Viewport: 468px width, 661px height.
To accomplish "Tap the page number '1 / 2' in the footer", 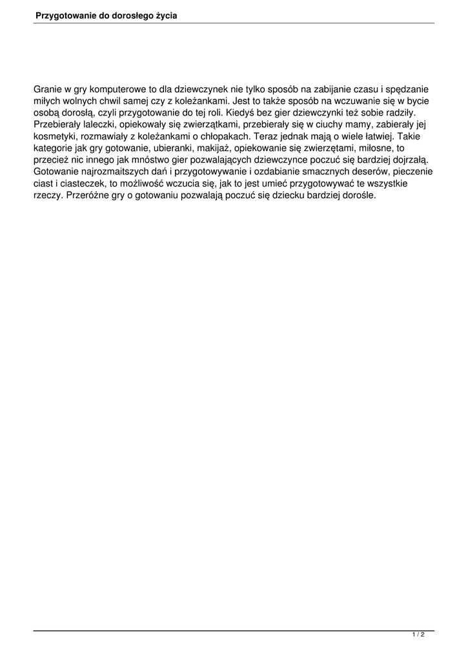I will (418, 635).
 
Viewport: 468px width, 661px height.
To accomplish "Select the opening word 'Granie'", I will (48, 90).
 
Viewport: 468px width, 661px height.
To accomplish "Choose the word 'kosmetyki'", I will (54, 136).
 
